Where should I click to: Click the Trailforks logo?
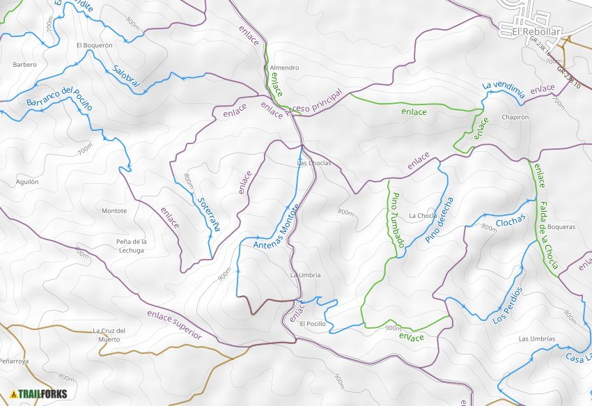pyautogui.click(x=39, y=394)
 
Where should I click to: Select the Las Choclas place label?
pyautogui.click(x=314, y=163)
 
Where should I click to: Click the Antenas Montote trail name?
pyautogui.click(x=276, y=227)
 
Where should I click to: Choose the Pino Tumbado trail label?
pyautogui.click(x=398, y=220)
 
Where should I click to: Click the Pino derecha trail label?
pyautogui.click(x=439, y=220)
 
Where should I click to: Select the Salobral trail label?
pyautogui.click(x=126, y=76)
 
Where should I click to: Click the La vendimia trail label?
pyautogui.click(x=503, y=88)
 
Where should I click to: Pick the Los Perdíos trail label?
pyautogui.click(x=507, y=306)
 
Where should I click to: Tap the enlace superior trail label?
pyautogui.click(x=174, y=325)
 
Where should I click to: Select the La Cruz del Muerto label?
pyautogui.click(x=109, y=335)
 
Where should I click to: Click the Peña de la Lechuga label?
pyautogui.click(x=131, y=245)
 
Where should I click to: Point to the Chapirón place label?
pyautogui.click(x=515, y=118)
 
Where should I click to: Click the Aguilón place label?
pyautogui.click(x=27, y=182)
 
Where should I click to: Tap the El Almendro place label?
pyautogui.click(x=282, y=68)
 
